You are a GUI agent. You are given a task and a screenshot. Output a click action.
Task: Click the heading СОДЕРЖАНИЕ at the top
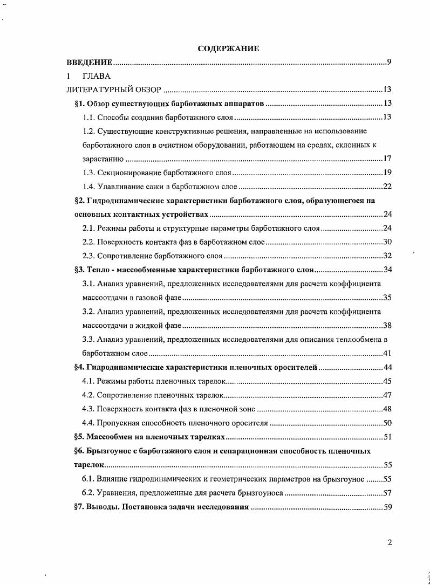(x=228, y=49)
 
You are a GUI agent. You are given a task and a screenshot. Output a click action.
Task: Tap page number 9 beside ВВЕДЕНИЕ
(x=389, y=63)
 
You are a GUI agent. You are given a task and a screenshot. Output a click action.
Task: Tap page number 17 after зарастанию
(x=387, y=159)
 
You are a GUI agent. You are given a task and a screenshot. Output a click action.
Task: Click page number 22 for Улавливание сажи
(x=387, y=187)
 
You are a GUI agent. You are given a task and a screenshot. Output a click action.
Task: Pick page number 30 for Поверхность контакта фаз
(x=387, y=242)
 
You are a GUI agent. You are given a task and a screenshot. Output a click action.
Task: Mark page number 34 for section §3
(x=387, y=270)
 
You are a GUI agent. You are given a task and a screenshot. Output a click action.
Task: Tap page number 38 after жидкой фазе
(x=387, y=325)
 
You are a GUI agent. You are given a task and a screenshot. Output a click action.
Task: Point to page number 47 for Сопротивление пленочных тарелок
(x=387, y=395)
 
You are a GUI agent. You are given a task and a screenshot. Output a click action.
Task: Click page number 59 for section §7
(x=387, y=507)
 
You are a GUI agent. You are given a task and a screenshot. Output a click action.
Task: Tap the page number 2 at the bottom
(x=389, y=542)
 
